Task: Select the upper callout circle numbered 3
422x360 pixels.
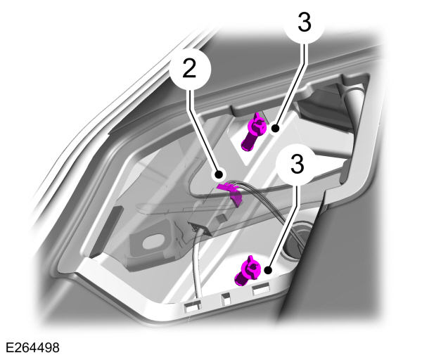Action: [x=304, y=22]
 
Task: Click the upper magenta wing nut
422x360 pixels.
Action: [x=254, y=131]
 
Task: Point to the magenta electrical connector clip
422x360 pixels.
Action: [x=229, y=191]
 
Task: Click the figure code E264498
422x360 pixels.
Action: [x=32, y=348]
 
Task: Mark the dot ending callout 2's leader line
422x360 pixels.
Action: [x=219, y=172]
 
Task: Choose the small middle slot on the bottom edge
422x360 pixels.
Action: [x=226, y=297]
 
